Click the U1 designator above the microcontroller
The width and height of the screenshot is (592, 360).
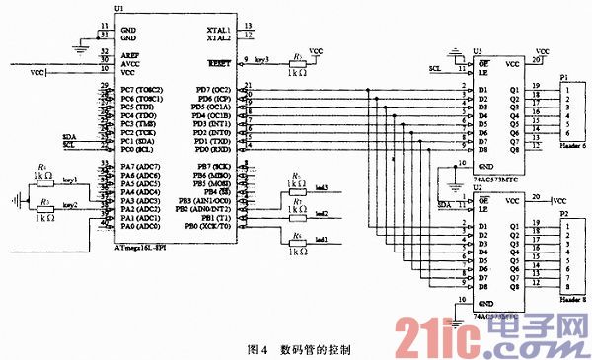coord(119,9)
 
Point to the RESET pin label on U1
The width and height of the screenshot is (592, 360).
coord(219,62)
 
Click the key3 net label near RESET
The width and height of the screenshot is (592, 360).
coord(261,61)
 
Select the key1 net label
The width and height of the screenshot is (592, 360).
coord(70,180)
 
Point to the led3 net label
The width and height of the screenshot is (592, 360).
coord(322,187)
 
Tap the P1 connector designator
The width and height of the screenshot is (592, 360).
coord(563,76)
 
